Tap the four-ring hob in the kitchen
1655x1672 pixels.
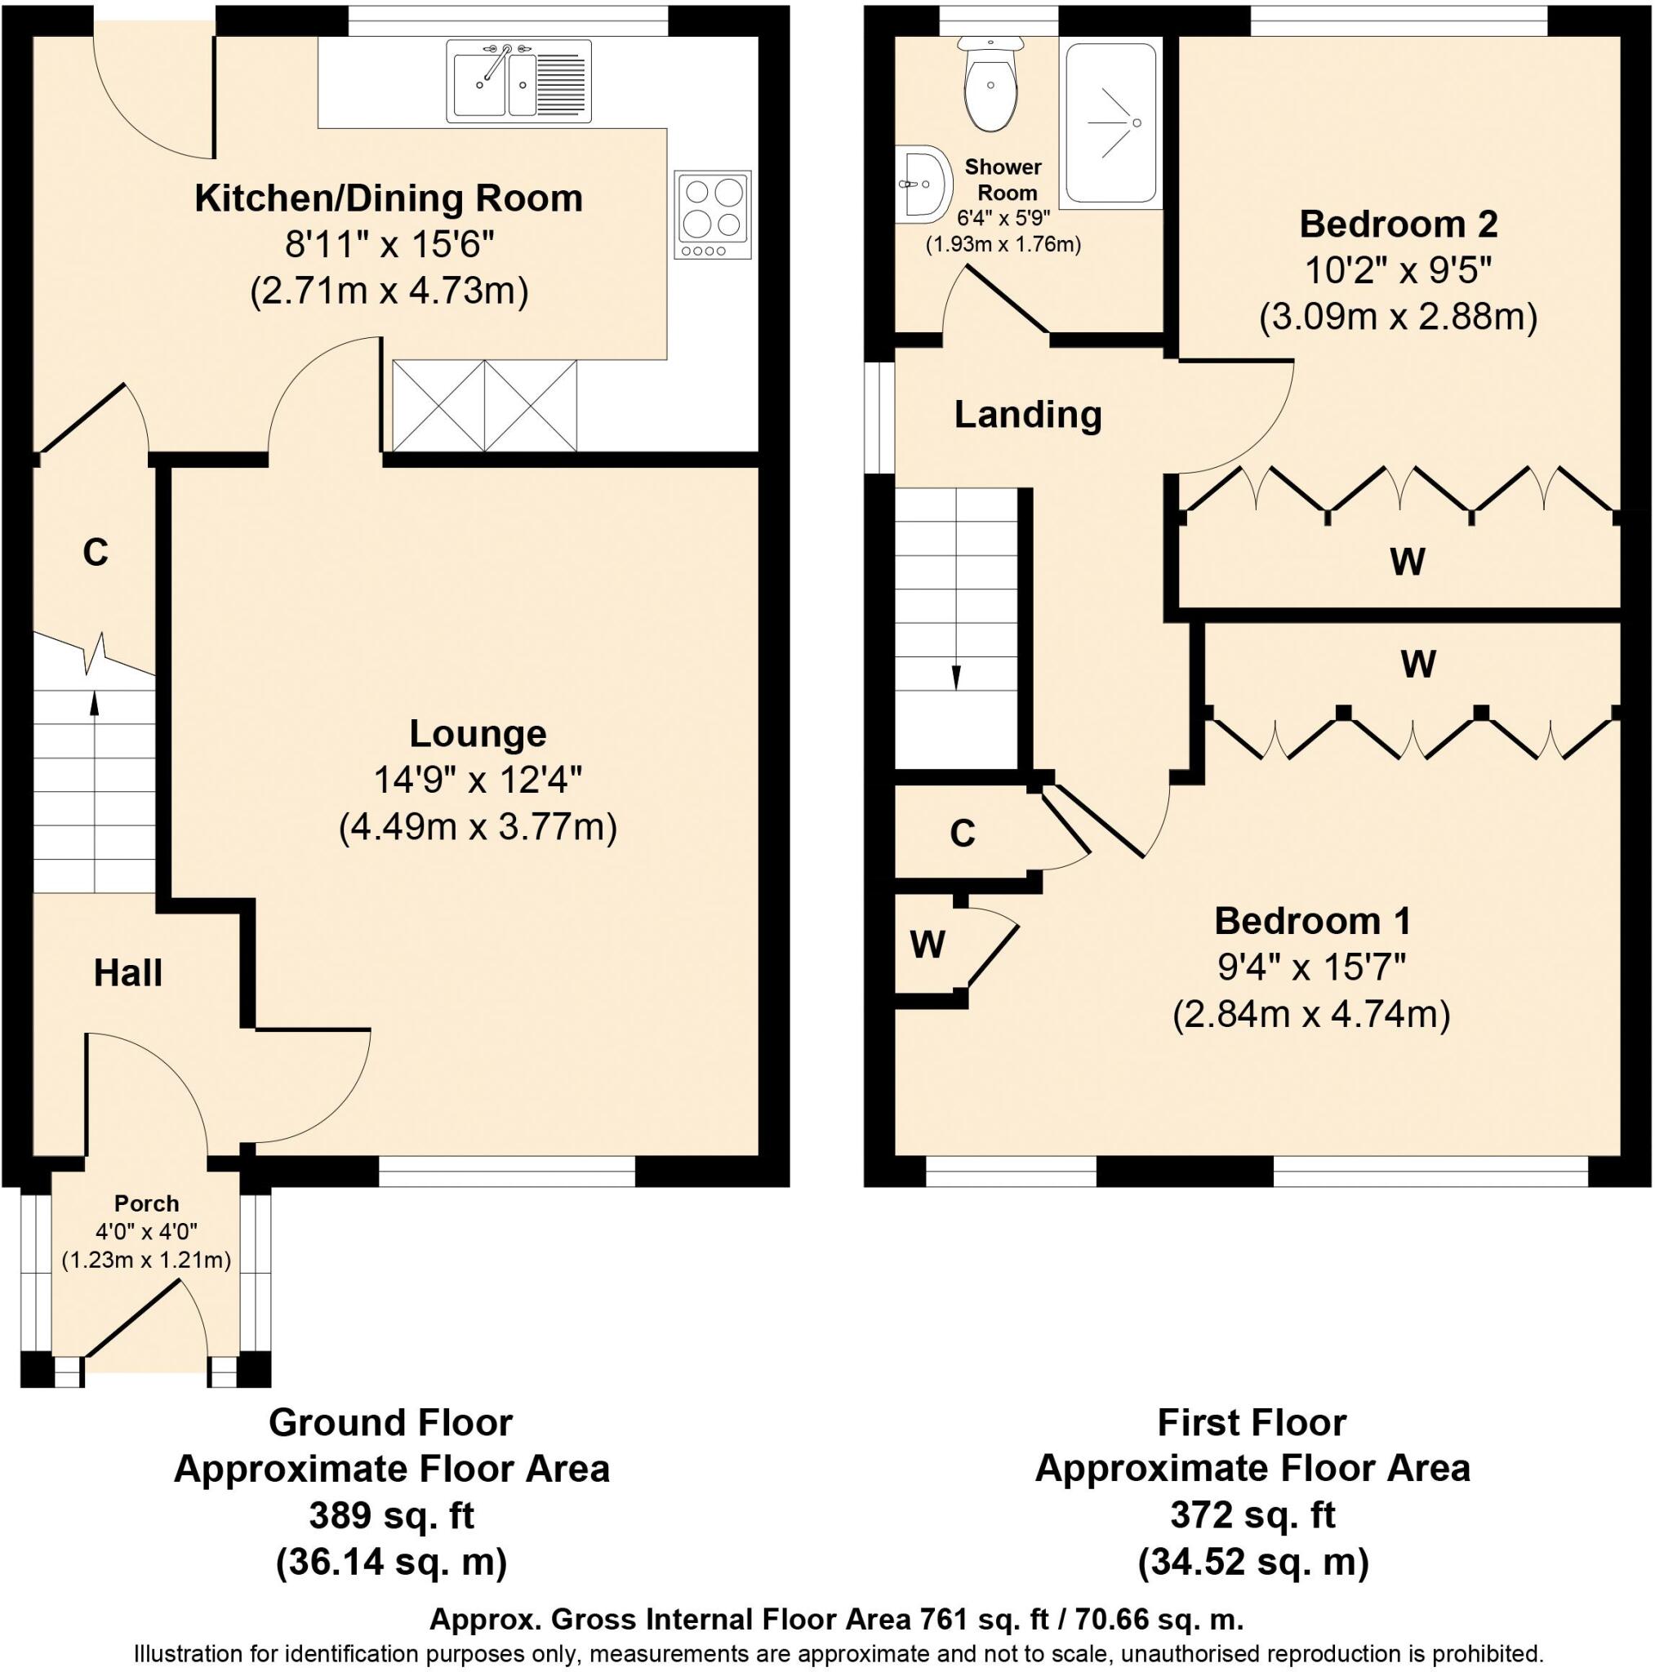point(714,216)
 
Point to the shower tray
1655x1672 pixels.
point(1112,123)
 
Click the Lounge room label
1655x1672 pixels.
point(478,734)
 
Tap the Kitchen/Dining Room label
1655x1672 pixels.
point(389,198)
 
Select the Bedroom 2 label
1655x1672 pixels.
point(1398,225)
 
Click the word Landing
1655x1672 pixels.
point(1027,415)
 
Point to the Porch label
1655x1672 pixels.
point(147,1203)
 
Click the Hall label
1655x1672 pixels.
point(128,972)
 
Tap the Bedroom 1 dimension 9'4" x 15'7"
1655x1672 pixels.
point(1312,967)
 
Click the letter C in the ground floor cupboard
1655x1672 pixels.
point(96,552)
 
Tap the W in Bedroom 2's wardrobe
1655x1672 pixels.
point(1408,563)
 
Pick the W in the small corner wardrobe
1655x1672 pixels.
point(928,945)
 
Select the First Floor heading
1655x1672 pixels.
point(1252,1423)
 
